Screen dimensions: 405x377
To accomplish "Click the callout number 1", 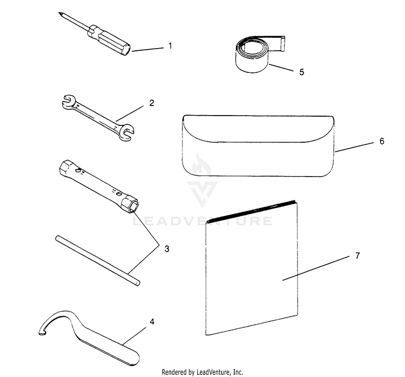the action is pyautogui.click(x=170, y=46).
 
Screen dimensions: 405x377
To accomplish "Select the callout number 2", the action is pyautogui.click(x=152, y=103).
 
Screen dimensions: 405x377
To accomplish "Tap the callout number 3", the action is pyautogui.click(x=167, y=249).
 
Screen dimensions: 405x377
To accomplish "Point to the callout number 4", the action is pyautogui.click(x=152, y=322).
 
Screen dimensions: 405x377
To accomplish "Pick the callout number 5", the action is pyautogui.click(x=302, y=72).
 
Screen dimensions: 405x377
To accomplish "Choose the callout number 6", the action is pyautogui.click(x=382, y=141).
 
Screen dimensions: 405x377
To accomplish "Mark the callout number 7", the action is pyautogui.click(x=357, y=255).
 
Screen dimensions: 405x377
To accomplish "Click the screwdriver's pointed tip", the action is pyautogui.click(x=59, y=13).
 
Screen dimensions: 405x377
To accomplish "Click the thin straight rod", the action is pyautogui.click(x=98, y=260).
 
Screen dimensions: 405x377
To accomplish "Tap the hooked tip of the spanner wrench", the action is pyautogui.click(x=42, y=332).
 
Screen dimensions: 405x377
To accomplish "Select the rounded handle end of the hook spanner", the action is pyautogui.click(x=132, y=358).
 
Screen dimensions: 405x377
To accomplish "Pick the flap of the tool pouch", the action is pyautogui.click(x=258, y=129).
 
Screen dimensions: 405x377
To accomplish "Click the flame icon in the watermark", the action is pyautogui.click(x=201, y=165).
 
